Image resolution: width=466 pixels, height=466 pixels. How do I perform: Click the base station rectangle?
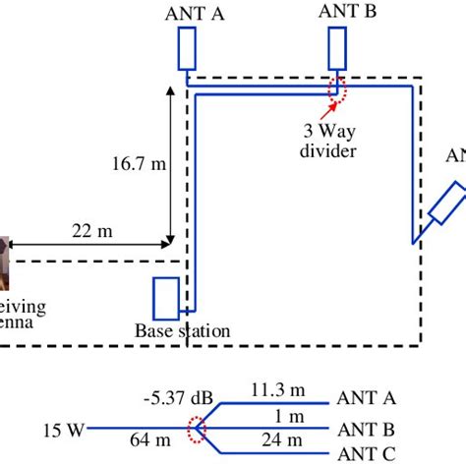coord(165,298)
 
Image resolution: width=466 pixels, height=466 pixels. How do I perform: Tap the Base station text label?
coord(182,331)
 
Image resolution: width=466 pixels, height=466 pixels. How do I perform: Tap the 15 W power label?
coord(63,429)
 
